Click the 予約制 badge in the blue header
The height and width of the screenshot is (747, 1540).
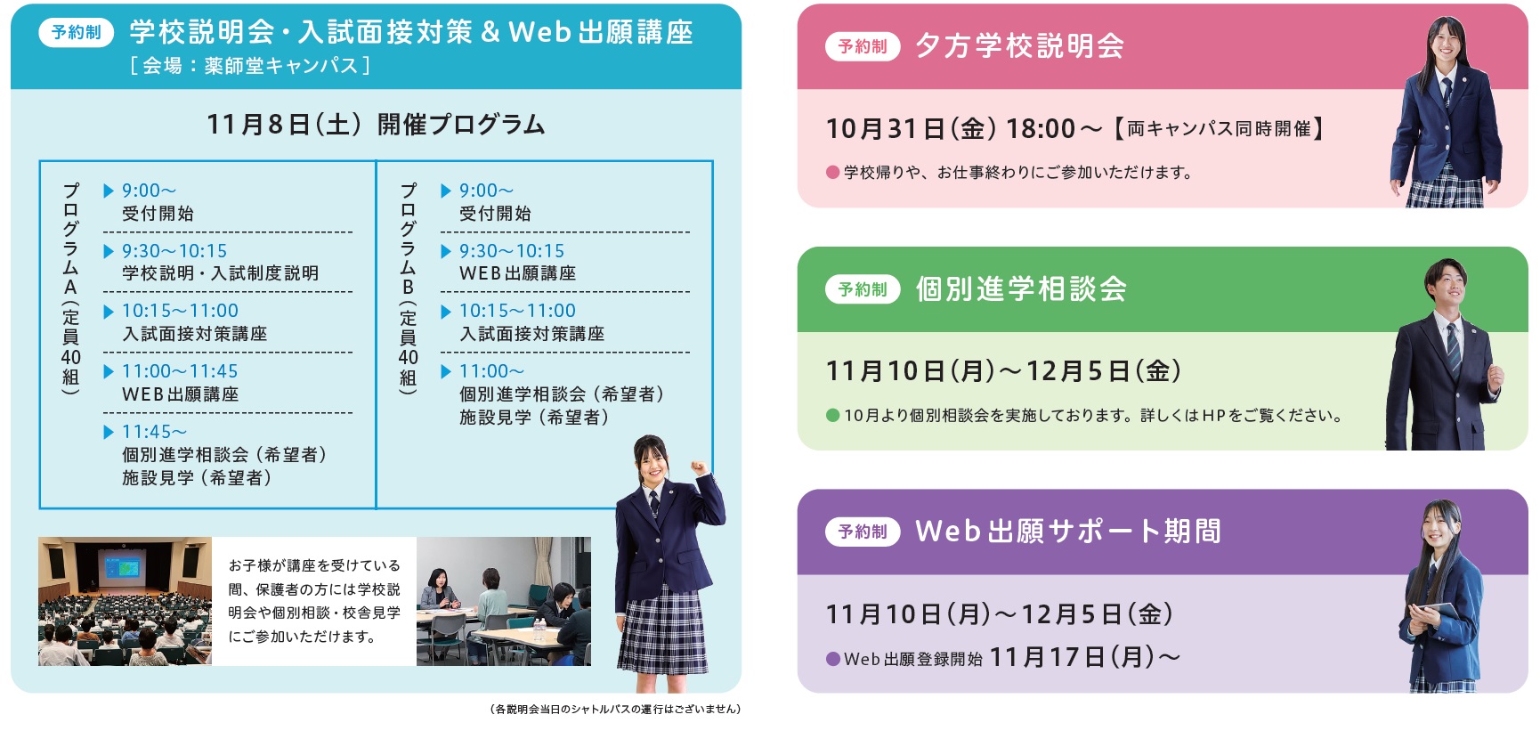tap(76, 32)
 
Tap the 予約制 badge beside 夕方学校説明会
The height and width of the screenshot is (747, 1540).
tap(863, 46)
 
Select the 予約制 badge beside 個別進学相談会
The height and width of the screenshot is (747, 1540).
tap(863, 289)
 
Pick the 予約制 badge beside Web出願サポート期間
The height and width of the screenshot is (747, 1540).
tap(863, 532)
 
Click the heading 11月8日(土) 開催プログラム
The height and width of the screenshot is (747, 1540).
tap(376, 124)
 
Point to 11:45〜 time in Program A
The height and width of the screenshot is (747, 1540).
tap(154, 432)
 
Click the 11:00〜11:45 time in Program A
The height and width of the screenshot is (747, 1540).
tap(180, 371)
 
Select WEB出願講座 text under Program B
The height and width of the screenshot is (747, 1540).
tap(517, 273)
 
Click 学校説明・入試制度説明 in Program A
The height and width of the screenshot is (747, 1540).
tap(220, 273)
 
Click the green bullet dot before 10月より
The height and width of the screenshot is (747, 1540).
tap(833, 415)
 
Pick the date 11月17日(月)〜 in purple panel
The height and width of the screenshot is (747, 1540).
tap(1085, 657)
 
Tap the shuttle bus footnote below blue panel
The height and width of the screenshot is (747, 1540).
tap(615, 709)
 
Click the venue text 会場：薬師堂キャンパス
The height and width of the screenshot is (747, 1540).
tap(250, 65)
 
